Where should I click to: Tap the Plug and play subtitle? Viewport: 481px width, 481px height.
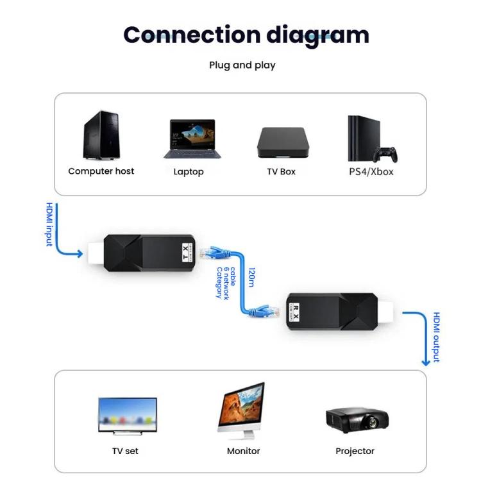click(x=242, y=65)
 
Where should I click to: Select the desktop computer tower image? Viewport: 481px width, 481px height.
click(x=101, y=135)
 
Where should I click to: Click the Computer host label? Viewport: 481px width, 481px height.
click(x=101, y=171)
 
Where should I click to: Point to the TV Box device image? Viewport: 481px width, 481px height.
click(x=281, y=142)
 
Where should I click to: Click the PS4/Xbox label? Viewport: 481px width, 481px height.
click(x=371, y=172)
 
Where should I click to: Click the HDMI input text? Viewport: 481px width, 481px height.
click(x=49, y=224)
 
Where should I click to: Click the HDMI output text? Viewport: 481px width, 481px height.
click(x=436, y=337)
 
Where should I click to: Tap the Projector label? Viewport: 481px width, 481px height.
click(x=355, y=451)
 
